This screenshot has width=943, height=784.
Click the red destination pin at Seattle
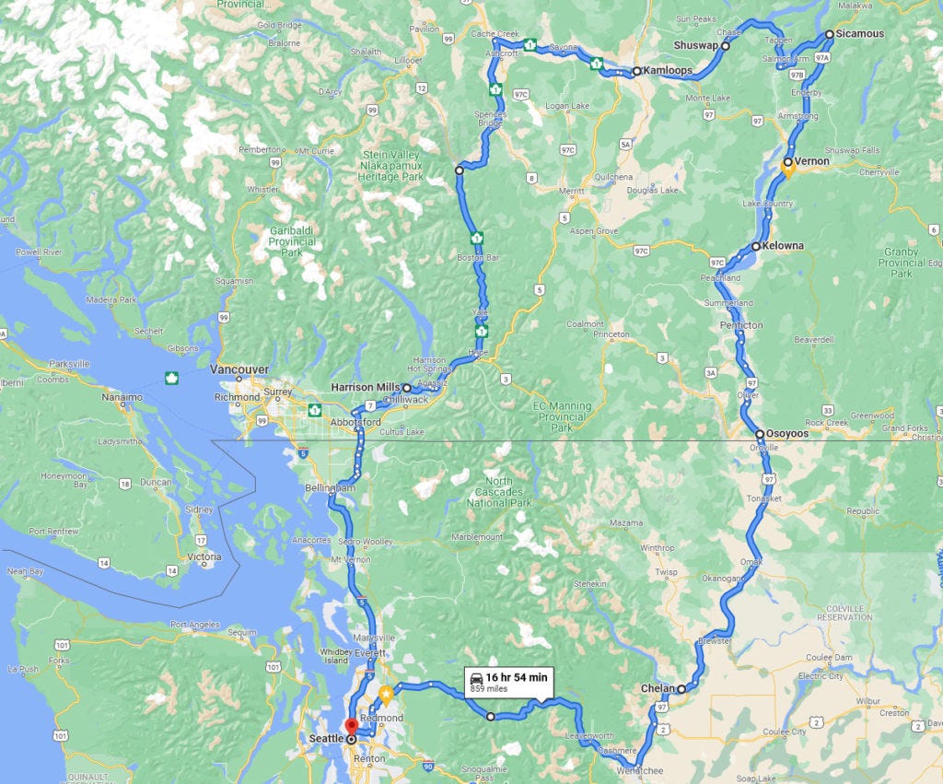coord(350,726)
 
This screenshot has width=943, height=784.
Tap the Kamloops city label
coord(668,70)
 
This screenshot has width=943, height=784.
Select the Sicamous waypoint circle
coord(829,34)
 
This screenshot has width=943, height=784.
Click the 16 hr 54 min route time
coord(517,677)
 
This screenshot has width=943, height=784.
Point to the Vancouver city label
coord(239,369)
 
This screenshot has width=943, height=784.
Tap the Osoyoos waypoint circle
coord(759,433)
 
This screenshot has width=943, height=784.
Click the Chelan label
coord(658,688)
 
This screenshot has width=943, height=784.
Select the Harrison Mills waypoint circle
coord(406,388)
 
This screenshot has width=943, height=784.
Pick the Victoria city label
coord(204,556)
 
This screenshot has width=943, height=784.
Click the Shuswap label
coord(696,45)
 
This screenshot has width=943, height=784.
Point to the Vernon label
coord(812,161)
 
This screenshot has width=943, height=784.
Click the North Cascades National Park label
coord(499,492)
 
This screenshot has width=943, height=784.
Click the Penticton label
coord(742,325)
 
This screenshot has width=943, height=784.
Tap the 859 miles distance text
coord(489,688)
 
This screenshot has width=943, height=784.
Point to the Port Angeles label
coord(195,624)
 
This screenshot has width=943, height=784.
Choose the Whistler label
coord(262,190)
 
